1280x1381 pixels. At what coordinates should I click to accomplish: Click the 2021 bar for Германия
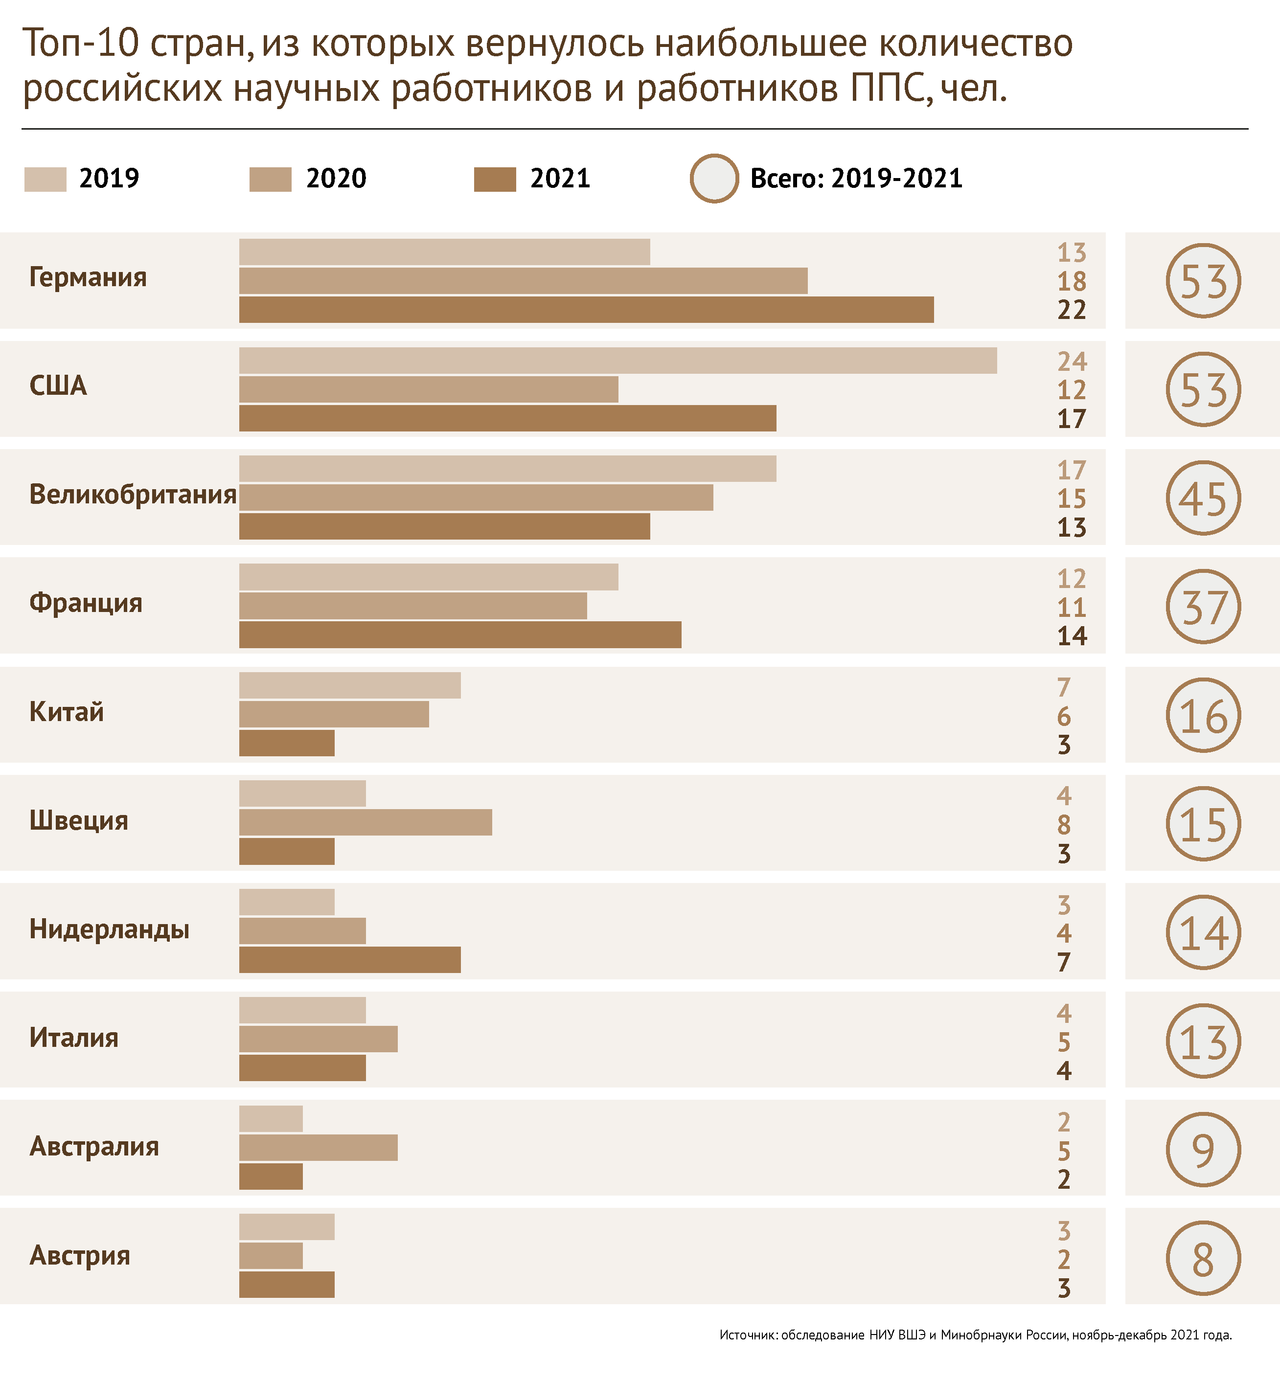coord(586,310)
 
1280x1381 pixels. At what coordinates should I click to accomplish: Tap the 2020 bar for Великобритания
coord(476,498)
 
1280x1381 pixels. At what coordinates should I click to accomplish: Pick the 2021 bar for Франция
coord(460,634)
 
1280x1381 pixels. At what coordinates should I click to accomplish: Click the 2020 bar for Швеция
coord(366,822)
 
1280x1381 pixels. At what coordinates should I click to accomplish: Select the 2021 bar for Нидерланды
coord(350,960)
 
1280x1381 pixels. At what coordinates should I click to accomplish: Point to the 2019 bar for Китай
coord(350,685)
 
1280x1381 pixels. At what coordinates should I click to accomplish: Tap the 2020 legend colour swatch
coord(270,179)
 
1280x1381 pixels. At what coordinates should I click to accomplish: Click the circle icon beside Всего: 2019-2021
coord(714,178)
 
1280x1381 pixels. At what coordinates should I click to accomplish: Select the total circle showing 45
coord(1203,498)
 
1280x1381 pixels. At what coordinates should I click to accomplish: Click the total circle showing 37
coord(1203,607)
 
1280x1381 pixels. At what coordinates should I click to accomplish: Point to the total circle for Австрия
coord(1203,1258)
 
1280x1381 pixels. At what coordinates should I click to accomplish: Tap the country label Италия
coord(74,1038)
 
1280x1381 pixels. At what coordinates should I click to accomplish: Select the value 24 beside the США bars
coord(1072,362)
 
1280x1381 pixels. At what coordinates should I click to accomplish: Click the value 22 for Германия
coord(1072,310)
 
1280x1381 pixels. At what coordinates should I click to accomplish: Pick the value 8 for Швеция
coord(1064,825)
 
